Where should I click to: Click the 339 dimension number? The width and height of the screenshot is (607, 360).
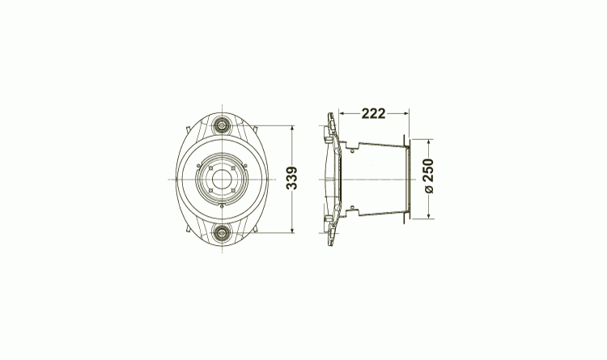point(292,178)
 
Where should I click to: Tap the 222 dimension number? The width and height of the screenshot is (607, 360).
point(374,113)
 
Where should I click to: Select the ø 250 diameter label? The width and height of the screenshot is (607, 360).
point(429,176)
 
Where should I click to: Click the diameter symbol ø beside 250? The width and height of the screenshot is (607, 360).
point(429,189)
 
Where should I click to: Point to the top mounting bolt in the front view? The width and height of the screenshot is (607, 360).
point(222,125)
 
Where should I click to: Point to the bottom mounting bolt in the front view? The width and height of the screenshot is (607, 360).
point(222,233)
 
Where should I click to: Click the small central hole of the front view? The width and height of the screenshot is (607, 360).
point(222,180)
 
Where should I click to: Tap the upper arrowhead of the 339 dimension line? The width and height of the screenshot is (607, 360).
point(292,128)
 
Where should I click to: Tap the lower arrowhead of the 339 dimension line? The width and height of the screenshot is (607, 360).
point(292,231)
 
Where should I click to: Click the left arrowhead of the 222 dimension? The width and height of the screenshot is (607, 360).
point(342,113)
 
